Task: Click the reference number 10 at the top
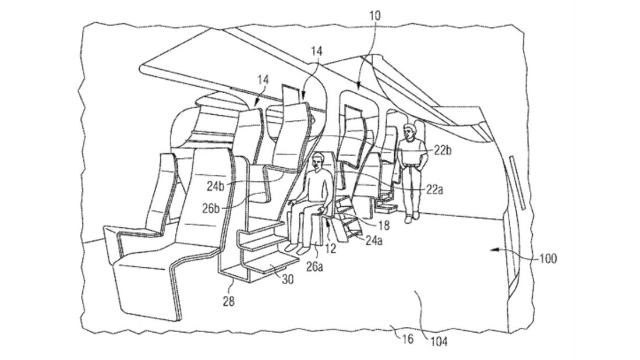(374, 16)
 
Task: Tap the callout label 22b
(442, 151)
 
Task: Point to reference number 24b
(215, 186)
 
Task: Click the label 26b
(211, 209)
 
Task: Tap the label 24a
(373, 241)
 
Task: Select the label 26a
(314, 267)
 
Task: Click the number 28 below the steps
(228, 301)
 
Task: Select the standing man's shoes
(411, 217)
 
